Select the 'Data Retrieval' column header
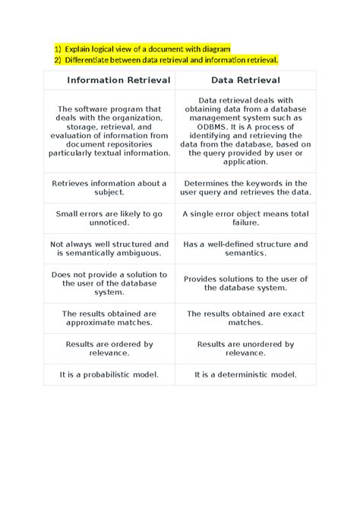[245, 80]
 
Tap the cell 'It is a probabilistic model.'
[109, 374]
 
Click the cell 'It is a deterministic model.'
[245, 374]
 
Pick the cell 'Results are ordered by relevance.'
[109, 349]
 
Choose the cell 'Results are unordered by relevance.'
[245, 349]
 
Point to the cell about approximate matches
[109, 318]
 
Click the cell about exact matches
[245, 318]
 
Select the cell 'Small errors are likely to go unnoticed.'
[109, 219]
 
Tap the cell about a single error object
[245, 219]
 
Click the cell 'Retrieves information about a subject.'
[109, 188]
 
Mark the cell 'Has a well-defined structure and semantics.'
[245, 249]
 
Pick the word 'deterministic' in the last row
[254, 374]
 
